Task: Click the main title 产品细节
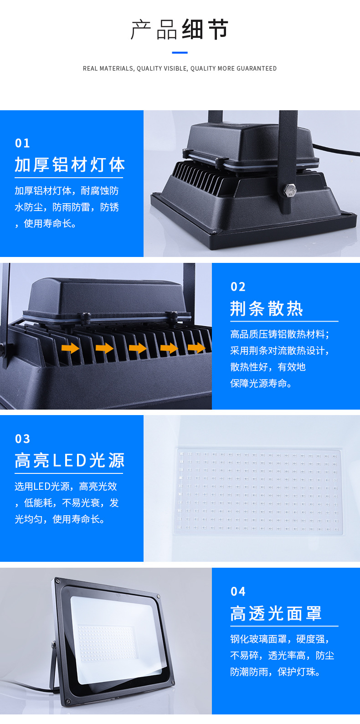click(x=180, y=30)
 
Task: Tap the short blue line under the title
click(x=180, y=52)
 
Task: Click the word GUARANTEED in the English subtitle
click(x=257, y=68)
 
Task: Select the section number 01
click(x=22, y=143)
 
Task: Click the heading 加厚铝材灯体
click(x=69, y=164)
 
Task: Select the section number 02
click(x=238, y=287)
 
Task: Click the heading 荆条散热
click(x=267, y=308)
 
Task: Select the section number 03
click(x=22, y=439)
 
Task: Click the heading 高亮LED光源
click(x=69, y=460)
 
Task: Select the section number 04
click(x=238, y=591)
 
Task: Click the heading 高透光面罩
click(x=276, y=613)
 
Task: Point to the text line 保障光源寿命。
click(x=261, y=383)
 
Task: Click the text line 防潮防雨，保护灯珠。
click(x=275, y=672)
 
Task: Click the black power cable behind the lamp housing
click(x=337, y=150)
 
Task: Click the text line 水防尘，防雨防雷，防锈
click(x=67, y=207)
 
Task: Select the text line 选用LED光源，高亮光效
click(x=66, y=486)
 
